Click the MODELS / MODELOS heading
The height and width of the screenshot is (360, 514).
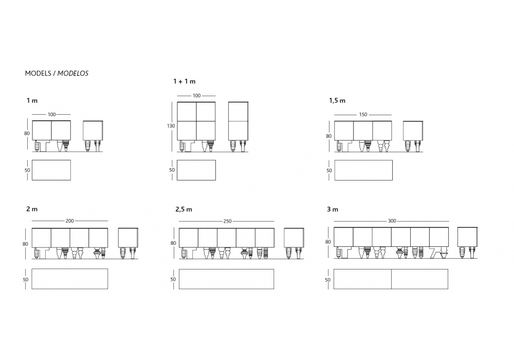pos(57,73)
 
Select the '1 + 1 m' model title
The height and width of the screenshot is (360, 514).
pos(184,81)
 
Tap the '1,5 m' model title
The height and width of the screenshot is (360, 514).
pos(337,101)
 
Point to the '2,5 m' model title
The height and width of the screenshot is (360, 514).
pos(183,209)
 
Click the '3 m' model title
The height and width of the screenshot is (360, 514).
pos(333,209)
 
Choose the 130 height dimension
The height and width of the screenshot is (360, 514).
pos(171,126)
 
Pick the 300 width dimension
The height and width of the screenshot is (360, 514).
pos(392,221)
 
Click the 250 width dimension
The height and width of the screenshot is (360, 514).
pos(228,221)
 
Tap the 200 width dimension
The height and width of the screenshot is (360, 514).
pos(70,221)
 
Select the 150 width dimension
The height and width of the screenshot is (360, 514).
pos(363,115)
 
